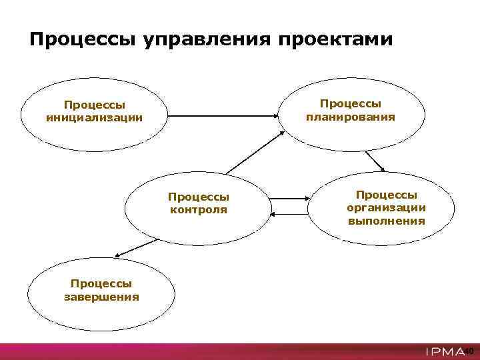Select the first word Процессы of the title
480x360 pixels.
tap(83, 40)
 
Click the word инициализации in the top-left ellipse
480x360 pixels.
tap(94, 118)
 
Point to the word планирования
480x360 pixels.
tap(351, 117)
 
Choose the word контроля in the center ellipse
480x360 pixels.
tap(199, 209)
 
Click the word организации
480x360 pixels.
tap(386, 207)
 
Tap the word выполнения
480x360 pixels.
tap(386, 221)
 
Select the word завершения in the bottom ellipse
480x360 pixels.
tap(101, 297)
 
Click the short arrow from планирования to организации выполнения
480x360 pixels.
tap(375, 161)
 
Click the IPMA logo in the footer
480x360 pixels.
tap(445, 351)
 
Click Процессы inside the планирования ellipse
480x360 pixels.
tap(351, 103)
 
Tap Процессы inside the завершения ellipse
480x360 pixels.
tap(101, 284)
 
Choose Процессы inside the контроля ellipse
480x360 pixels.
tap(199, 197)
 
